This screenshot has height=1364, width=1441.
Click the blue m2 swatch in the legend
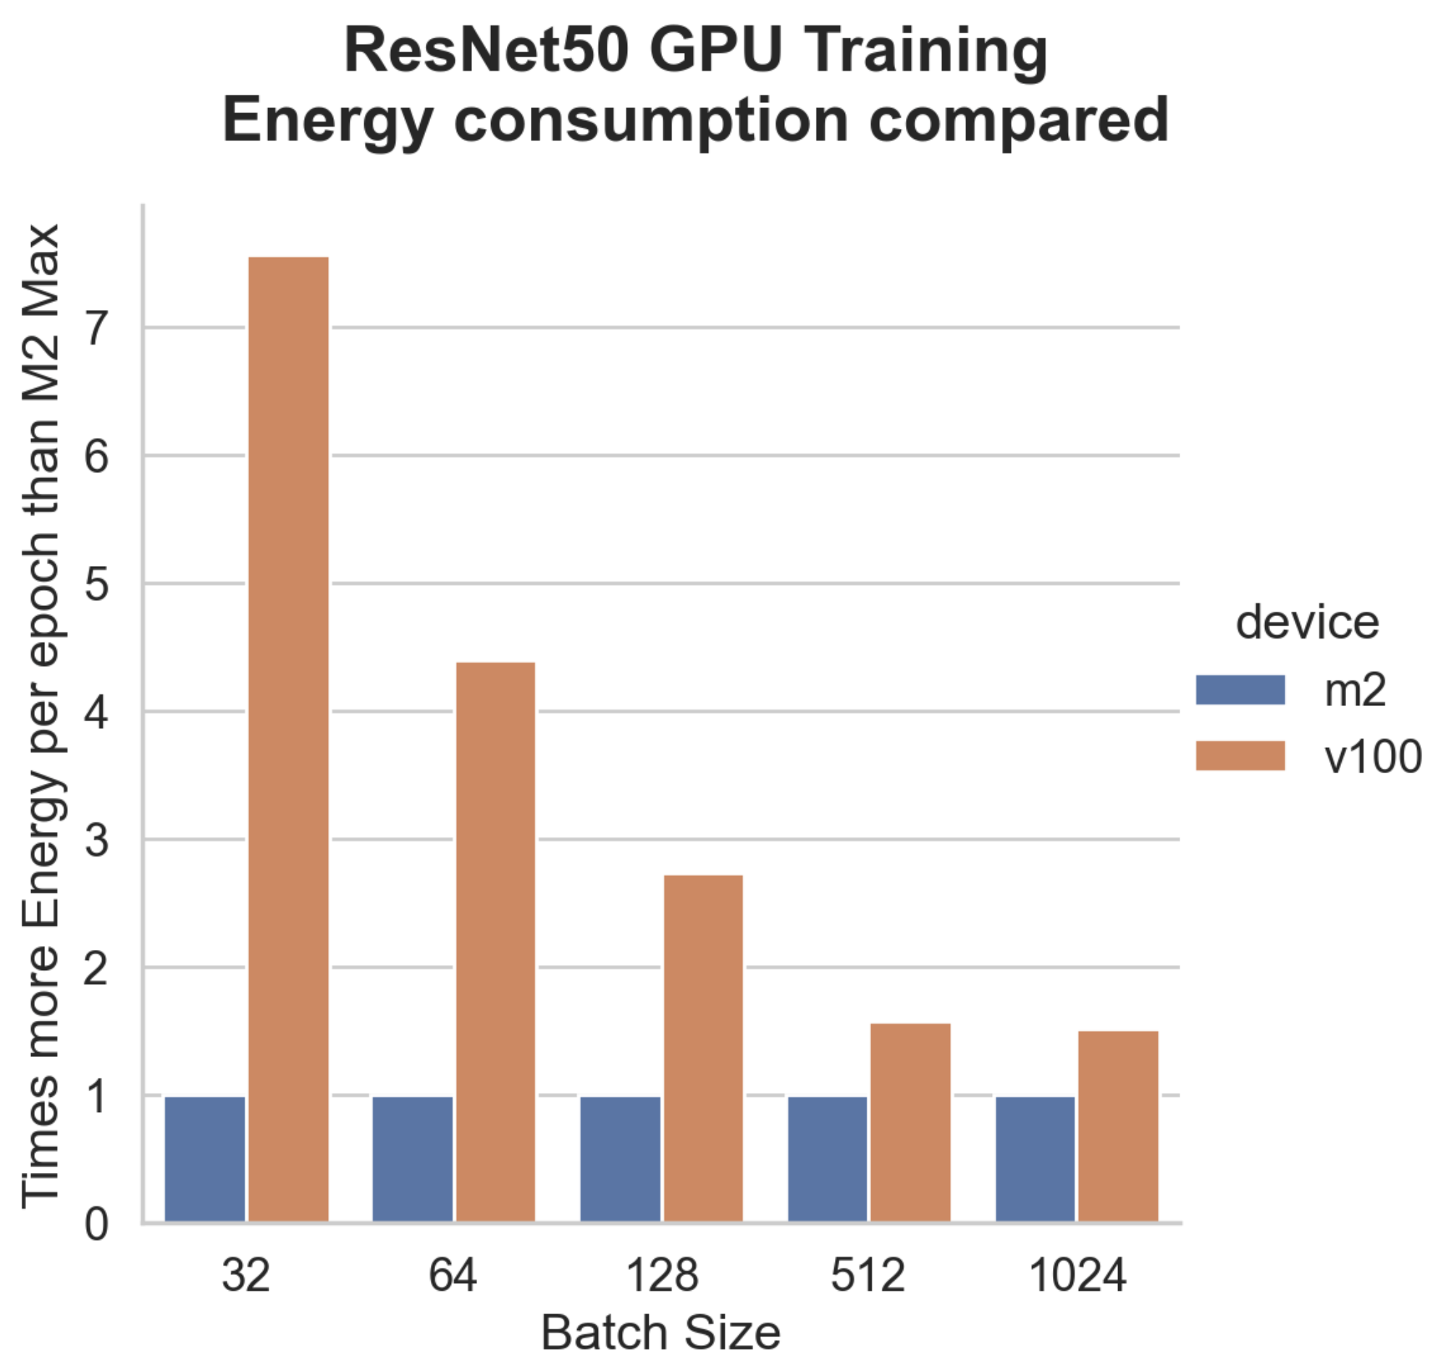1240,690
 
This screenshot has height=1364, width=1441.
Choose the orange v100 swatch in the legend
1240,756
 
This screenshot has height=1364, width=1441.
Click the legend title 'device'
1307,623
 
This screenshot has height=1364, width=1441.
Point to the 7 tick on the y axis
97,328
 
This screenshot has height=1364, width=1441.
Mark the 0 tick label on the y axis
97,1224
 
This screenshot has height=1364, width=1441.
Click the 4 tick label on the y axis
97,712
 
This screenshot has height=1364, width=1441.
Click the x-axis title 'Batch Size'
661,1333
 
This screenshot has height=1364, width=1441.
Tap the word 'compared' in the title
1019,120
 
